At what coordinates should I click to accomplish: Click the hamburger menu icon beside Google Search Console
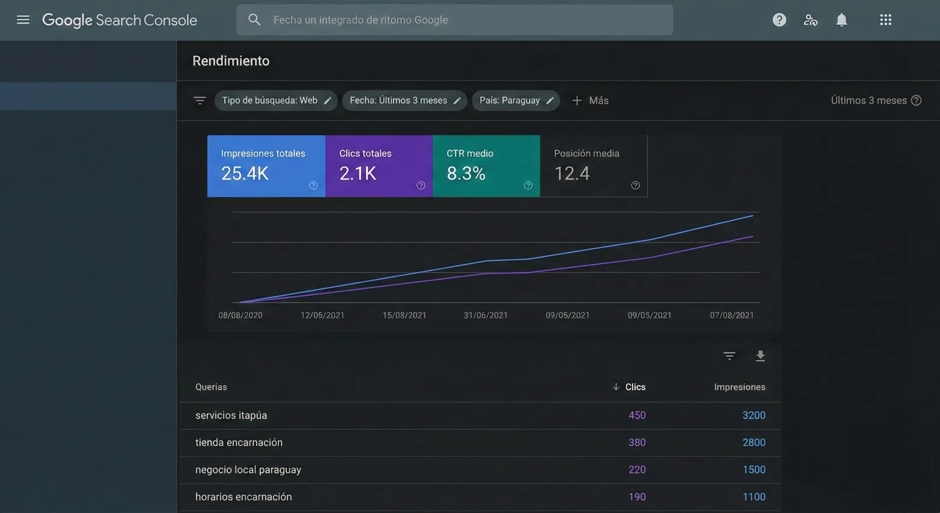coord(23,20)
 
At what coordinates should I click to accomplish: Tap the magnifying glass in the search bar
coord(254,20)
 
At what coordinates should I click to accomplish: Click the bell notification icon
coord(841,20)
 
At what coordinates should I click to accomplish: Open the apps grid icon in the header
coord(885,20)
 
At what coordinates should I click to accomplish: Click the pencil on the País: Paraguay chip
coord(550,101)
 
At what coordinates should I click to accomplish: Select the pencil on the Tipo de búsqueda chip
coord(327,101)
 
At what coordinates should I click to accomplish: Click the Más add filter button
coord(590,101)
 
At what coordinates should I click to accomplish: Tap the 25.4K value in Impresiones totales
coord(245,174)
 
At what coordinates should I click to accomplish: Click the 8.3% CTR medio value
coord(466,174)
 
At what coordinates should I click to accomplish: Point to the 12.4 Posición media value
coord(571,174)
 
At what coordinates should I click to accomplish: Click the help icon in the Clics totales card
coord(421,186)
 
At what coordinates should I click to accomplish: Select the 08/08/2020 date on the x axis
coord(240,315)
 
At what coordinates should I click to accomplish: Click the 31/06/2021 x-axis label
coord(485,315)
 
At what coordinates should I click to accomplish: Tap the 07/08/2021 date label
coord(732,315)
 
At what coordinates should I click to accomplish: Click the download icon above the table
coord(760,356)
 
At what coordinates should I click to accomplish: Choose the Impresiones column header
coord(739,387)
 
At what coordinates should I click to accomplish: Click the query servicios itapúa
coord(231,415)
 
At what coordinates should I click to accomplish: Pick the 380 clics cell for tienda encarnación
coord(636,442)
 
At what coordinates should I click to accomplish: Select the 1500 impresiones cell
coord(753,470)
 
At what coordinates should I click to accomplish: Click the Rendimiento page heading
coord(231,61)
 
